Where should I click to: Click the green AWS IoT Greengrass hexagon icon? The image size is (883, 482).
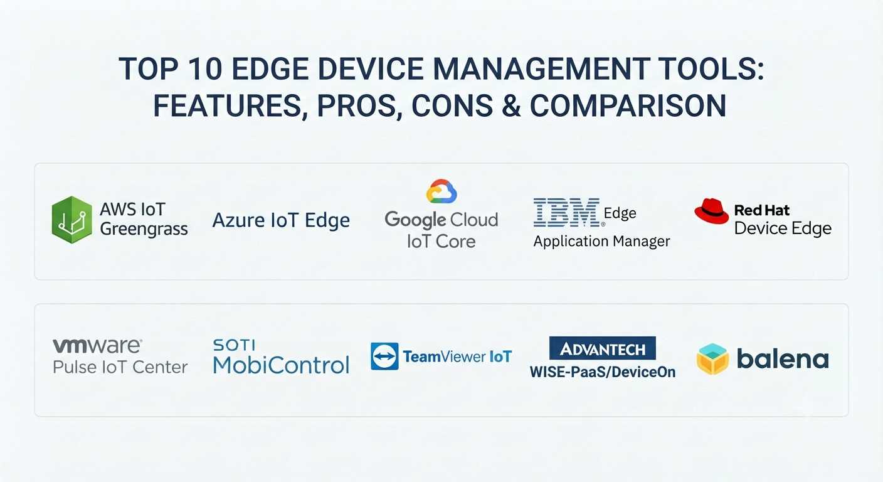[x=71, y=220]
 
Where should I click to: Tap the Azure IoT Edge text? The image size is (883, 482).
[x=281, y=220]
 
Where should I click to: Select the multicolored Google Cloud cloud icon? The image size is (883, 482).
[x=441, y=191]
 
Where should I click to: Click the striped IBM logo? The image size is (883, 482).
[x=566, y=212]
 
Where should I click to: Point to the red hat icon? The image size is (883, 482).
[x=712, y=211]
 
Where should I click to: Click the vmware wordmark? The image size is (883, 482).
[x=97, y=346]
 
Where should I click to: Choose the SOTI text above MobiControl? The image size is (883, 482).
[x=234, y=345]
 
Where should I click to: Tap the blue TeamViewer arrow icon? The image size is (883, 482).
[x=384, y=356]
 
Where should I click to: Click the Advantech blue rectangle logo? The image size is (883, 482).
[x=602, y=348]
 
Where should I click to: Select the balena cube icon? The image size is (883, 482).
[x=712, y=359]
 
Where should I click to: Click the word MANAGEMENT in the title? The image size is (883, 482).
[x=542, y=69]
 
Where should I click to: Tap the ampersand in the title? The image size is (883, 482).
[x=511, y=105]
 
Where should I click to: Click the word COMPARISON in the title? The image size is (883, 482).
[x=628, y=105]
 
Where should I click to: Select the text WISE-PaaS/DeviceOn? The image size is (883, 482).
[x=602, y=372]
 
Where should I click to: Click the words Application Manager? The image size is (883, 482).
[x=601, y=242]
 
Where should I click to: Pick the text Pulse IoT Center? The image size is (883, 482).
[x=120, y=367]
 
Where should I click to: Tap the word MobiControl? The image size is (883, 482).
[x=281, y=365]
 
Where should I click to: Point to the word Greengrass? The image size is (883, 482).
[x=144, y=230]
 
